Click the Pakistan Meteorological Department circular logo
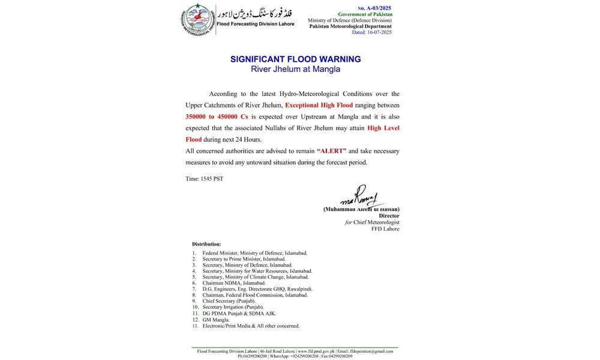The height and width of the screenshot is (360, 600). pos(199,19)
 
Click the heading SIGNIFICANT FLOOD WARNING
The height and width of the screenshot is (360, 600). pos(295,59)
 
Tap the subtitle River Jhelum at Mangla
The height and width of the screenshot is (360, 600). pos(295,69)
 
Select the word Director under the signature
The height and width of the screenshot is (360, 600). pos(389,216)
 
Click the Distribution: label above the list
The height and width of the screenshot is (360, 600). pos(206,244)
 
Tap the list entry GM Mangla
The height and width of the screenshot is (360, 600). pos(215,320)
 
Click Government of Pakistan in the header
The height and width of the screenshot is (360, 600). pos(365,14)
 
